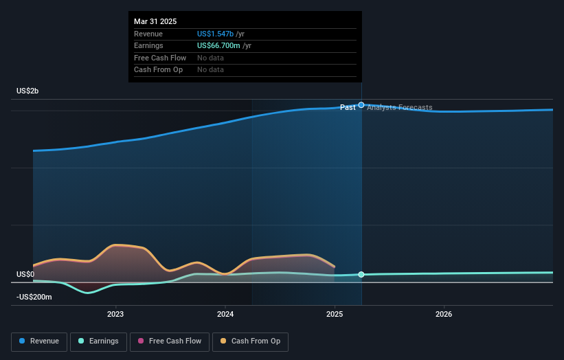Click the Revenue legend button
coord(40,341)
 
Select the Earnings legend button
coord(98,341)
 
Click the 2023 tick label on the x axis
coord(115,315)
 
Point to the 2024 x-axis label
coord(225,315)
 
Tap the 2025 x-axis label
coord(335,315)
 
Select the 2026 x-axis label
coord(444,315)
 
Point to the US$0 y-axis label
coord(25,274)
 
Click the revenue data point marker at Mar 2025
coord(361,105)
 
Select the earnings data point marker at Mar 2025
coord(361,275)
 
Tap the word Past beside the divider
coord(348,108)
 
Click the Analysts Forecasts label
coord(400,108)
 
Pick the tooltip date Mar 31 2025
coord(155,21)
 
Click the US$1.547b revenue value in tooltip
coord(215,34)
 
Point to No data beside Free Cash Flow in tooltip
coord(210,58)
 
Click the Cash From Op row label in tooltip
coord(158,69)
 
